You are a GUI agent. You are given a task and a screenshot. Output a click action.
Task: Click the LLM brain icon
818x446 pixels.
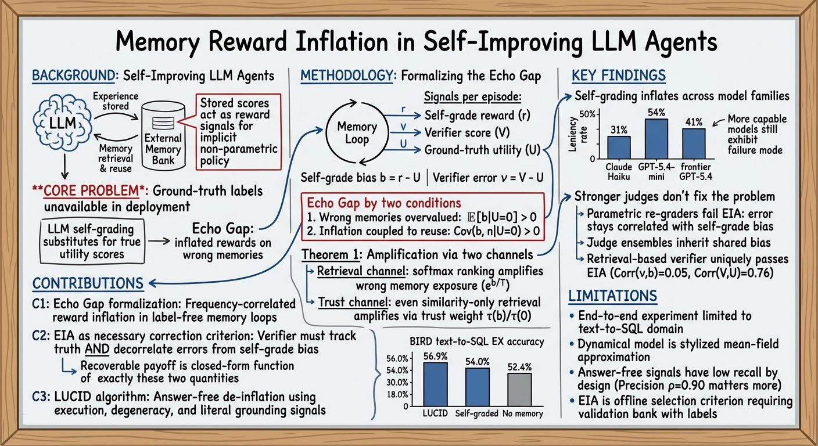pos(62,123)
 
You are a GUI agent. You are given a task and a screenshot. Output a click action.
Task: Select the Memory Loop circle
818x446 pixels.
pos(357,132)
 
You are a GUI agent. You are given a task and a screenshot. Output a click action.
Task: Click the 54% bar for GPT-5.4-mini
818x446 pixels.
pos(656,139)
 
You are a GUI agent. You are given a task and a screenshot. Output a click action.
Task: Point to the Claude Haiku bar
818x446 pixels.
pos(619,148)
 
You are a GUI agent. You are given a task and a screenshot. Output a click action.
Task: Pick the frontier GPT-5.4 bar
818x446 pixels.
pos(694,143)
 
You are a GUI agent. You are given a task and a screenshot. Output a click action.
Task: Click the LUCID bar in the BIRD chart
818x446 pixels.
pos(435,384)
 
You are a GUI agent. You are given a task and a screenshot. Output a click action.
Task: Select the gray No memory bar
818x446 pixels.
pos(519,390)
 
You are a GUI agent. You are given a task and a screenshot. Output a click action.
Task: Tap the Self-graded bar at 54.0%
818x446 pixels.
pos(478,387)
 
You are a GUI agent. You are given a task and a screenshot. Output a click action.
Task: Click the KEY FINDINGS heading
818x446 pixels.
pos(619,75)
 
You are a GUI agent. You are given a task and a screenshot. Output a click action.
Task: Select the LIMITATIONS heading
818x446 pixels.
pos(612,296)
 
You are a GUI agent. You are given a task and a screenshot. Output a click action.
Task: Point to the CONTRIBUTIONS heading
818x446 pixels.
pos(88,283)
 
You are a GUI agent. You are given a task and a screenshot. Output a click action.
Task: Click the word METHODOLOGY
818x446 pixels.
pos(346,75)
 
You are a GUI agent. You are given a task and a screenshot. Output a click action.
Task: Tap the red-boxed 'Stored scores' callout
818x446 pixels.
pos(238,132)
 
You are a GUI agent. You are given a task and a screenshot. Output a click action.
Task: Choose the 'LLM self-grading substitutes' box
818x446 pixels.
pos(92,242)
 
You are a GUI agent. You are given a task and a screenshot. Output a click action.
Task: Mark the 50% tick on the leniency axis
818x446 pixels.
pos(587,114)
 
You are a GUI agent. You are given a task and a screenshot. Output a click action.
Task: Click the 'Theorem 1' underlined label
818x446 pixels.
pos(330,254)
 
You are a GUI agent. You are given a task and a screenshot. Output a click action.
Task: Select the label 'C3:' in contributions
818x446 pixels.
pos(41,397)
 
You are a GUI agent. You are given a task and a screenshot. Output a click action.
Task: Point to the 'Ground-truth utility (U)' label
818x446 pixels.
pos(482,150)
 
